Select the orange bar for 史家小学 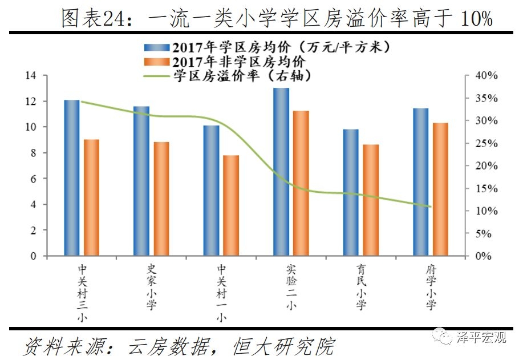point(161,199)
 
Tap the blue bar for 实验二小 point(281,172)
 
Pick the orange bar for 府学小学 point(440,189)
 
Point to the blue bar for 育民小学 point(351,192)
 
